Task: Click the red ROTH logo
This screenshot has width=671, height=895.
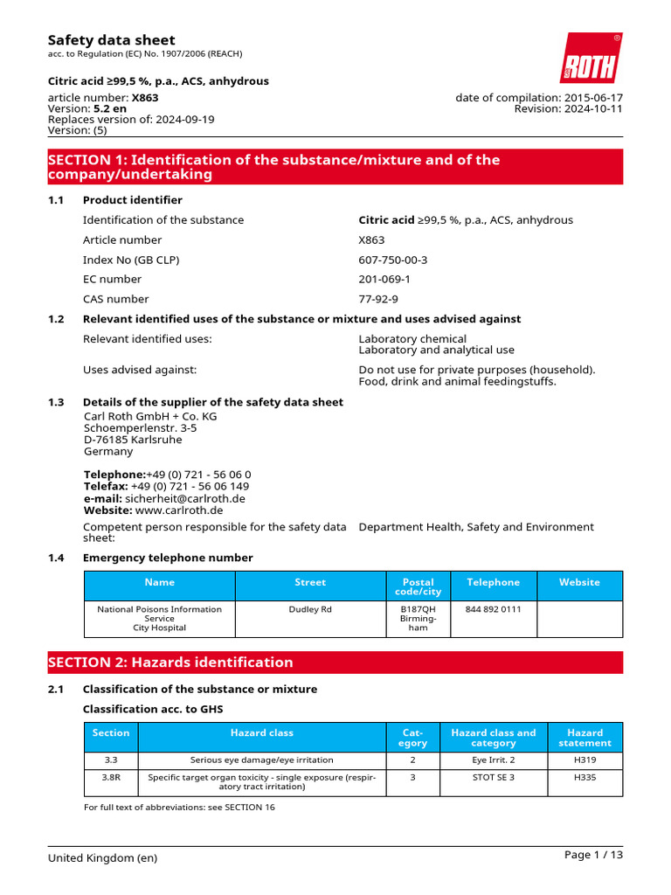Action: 591,59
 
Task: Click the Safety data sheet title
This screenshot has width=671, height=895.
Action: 111,40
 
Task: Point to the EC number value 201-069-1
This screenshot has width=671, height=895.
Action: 384,279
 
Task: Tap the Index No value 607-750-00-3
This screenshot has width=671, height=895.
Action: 392,260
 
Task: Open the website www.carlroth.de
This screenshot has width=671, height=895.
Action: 179,510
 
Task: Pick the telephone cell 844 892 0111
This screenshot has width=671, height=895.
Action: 493,609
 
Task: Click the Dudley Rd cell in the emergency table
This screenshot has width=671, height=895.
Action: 310,609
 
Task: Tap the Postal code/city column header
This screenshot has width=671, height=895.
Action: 418,586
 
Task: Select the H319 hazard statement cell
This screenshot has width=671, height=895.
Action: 585,760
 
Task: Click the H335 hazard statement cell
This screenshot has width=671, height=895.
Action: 585,777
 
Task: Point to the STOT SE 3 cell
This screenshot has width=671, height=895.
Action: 493,777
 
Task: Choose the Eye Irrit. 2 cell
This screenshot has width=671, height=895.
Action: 493,760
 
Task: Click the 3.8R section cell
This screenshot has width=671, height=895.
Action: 110,777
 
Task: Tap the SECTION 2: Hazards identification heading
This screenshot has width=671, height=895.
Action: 170,663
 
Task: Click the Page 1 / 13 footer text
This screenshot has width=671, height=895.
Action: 593,855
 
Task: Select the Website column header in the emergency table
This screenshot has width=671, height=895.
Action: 579,582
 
